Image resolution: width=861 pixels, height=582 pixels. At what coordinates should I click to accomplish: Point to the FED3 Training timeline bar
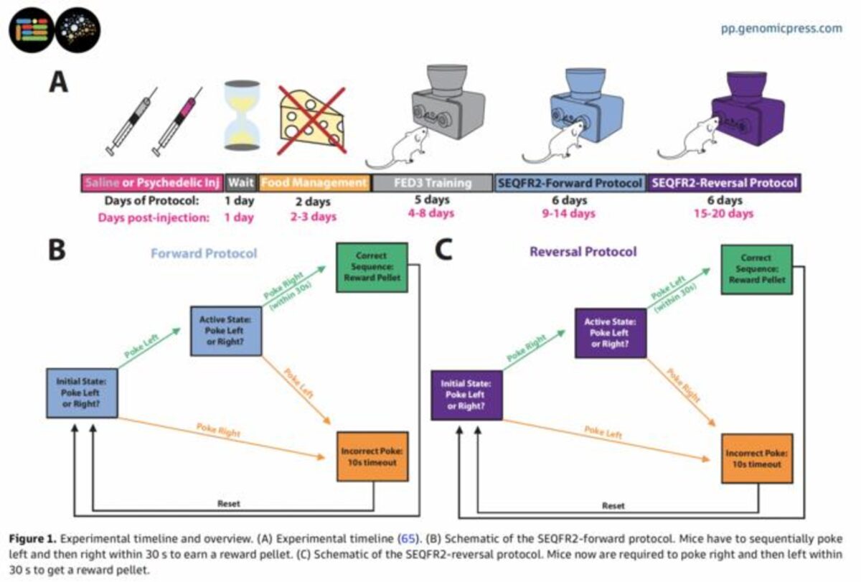click(x=432, y=182)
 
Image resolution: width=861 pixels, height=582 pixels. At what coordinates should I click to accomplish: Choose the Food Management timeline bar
click(x=315, y=182)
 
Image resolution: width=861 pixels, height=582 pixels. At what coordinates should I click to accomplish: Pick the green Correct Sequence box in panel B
click(x=371, y=267)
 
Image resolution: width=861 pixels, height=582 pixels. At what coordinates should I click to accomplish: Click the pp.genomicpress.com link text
click(x=781, y=29)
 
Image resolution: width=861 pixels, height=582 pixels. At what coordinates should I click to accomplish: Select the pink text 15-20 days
click(x=723, y=214)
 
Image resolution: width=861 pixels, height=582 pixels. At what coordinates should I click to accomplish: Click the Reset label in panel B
click(x=229, y=503)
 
